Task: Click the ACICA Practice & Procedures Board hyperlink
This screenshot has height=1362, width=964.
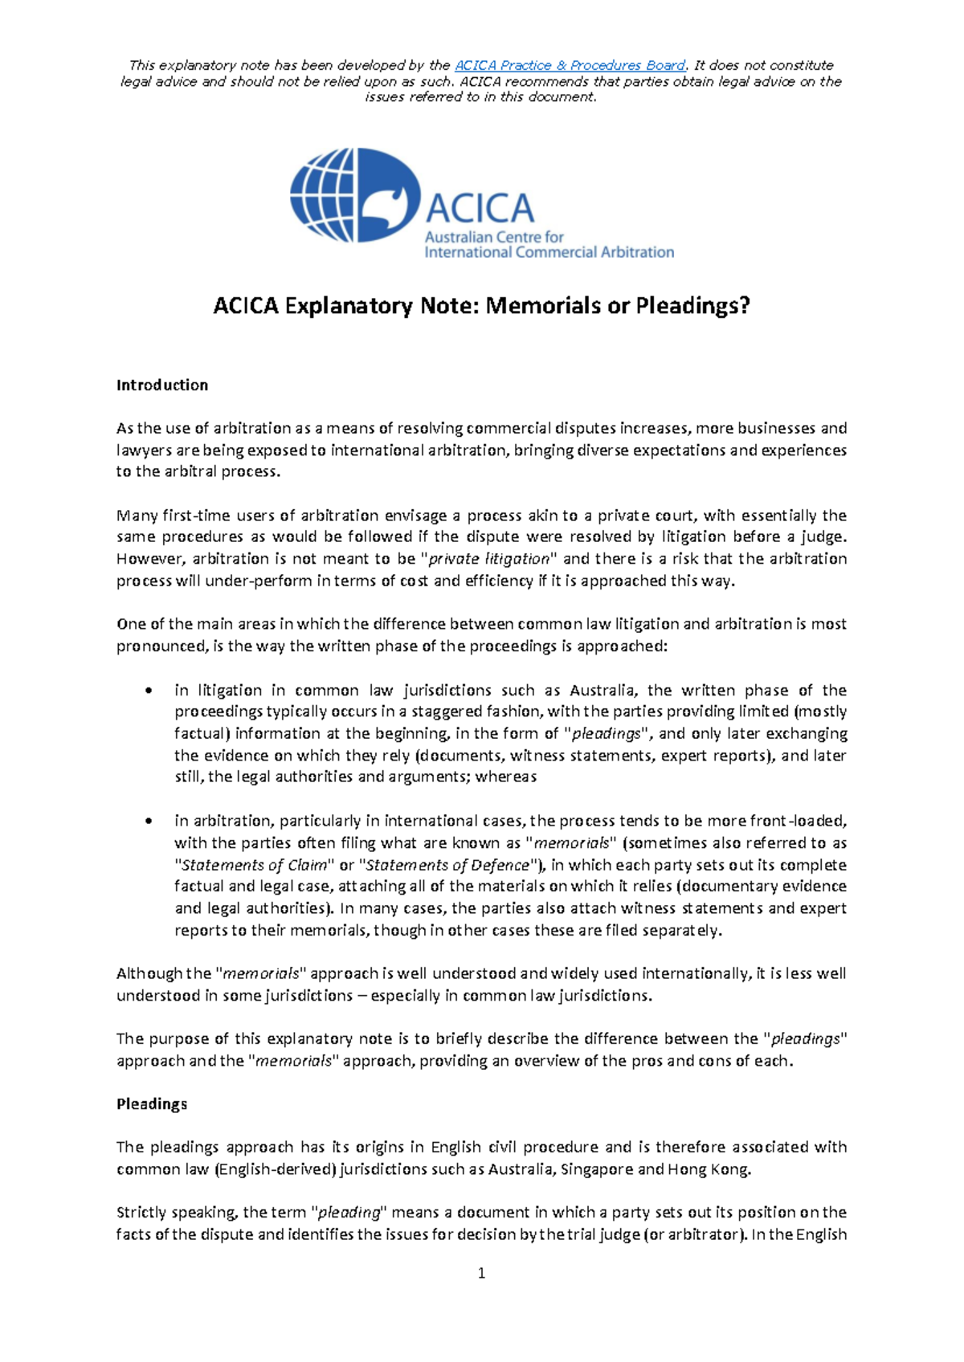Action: tap(570, 65)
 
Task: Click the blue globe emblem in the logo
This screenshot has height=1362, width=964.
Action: tap(354, 195)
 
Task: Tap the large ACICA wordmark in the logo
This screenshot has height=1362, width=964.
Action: tap(480, 208)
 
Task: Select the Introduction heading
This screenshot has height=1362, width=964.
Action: tap(162, 385)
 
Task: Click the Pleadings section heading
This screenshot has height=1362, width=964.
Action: tap(152, 1103)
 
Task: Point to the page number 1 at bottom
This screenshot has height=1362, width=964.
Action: tap(481, 1273)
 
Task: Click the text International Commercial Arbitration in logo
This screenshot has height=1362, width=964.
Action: tap(549, 252)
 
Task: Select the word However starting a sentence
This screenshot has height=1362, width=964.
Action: tap(149, 558)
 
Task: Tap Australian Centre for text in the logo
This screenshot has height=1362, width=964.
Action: tap(494, 237)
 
